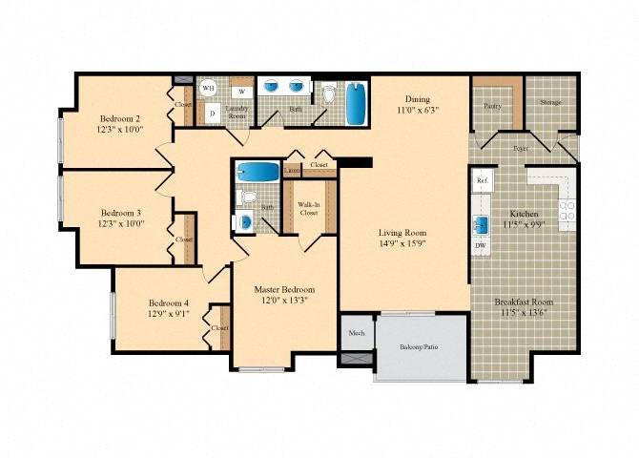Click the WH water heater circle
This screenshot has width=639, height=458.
click(x=207, y=88)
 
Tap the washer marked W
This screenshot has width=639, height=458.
click(x=241, y=92)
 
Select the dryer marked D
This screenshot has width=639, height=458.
click(x=212, y=113)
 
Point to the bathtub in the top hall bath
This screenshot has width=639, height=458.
click(x=355, y=104)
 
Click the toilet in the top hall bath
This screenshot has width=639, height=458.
click(x=329, y=94)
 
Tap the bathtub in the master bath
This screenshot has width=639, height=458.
click(x=257, y=173)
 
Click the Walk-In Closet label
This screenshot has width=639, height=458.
click(x=309, y=209)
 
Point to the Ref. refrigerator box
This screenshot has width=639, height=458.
click(x=483, y=180)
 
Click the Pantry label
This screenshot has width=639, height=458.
click(x=493, y=105)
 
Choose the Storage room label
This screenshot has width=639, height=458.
click(x=550, y=102)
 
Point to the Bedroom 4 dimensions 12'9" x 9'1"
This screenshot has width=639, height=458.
click(x=168, y=313)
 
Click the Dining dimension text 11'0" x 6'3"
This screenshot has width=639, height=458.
click(x=418, y=110)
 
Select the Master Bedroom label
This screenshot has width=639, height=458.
click(x=283, y=289)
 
